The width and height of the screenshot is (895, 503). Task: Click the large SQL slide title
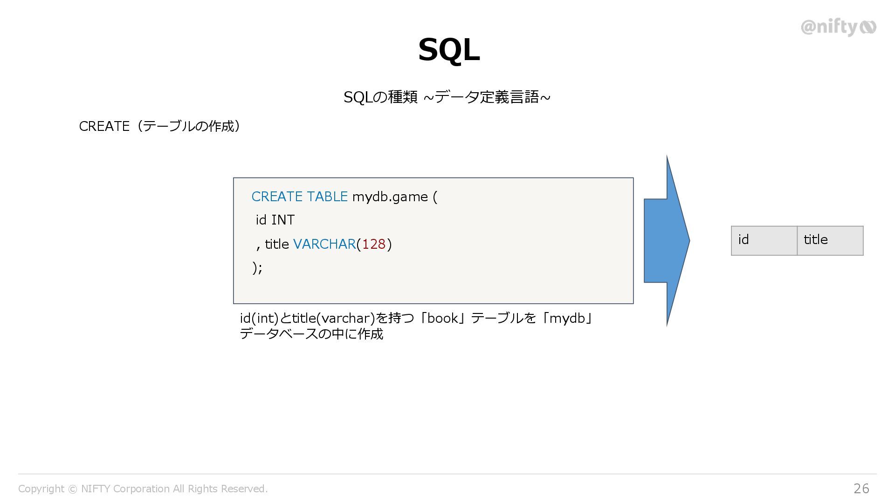pos(448,50)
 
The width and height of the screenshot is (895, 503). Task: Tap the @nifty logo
pos(838,27)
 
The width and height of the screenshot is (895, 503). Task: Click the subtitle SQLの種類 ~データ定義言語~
pos(447,97)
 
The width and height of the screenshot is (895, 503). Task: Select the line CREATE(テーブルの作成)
pos(159,126)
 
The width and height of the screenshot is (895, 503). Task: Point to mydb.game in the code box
pos(390,197)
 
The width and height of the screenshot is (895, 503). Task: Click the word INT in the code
pos(283,220)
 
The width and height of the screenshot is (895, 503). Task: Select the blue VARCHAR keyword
pos(324,244)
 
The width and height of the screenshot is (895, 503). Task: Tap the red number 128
pos(373,244)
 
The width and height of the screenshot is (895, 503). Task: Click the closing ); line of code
pos(257,268)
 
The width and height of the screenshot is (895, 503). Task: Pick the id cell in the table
pos(764,240)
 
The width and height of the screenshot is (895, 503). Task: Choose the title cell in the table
pos(830,240)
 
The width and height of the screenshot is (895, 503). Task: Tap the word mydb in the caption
pos(567,318)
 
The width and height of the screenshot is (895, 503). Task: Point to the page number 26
pos(861,488)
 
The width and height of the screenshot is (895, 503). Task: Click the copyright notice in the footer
pos(143,489)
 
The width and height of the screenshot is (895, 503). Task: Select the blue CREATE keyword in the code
pos(277,197)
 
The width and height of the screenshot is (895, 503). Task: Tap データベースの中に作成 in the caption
pos(311,334)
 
